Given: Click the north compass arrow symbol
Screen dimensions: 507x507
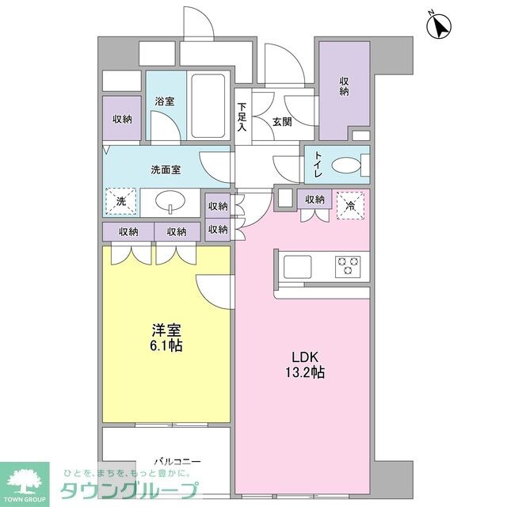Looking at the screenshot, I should (438, 26).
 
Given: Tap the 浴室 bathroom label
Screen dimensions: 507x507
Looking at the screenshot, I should (165, 102).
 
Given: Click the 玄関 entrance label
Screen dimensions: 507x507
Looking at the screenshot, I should (281, 122).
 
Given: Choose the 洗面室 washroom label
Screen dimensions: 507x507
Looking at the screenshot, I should (166, 170).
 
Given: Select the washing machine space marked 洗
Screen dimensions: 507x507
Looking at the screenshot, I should (121, 202).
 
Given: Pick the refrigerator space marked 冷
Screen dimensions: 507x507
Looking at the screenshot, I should (349, 203).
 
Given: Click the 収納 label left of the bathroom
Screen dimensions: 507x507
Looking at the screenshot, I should (122, 119).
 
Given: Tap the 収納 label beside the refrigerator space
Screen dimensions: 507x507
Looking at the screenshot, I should (314, 200).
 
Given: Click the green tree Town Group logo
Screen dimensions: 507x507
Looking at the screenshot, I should (24, 478).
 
